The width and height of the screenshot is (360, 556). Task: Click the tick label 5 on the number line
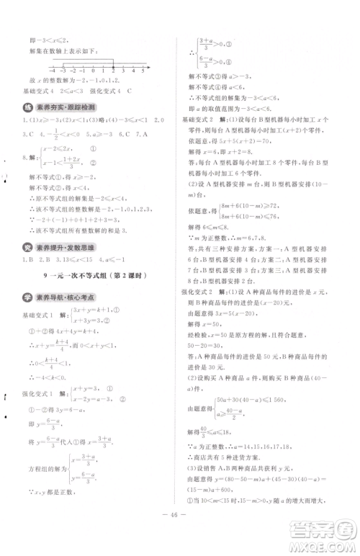pos(143,73)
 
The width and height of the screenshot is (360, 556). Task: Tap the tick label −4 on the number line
pos(53,73)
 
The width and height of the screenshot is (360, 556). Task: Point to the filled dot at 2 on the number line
pos(114,66)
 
